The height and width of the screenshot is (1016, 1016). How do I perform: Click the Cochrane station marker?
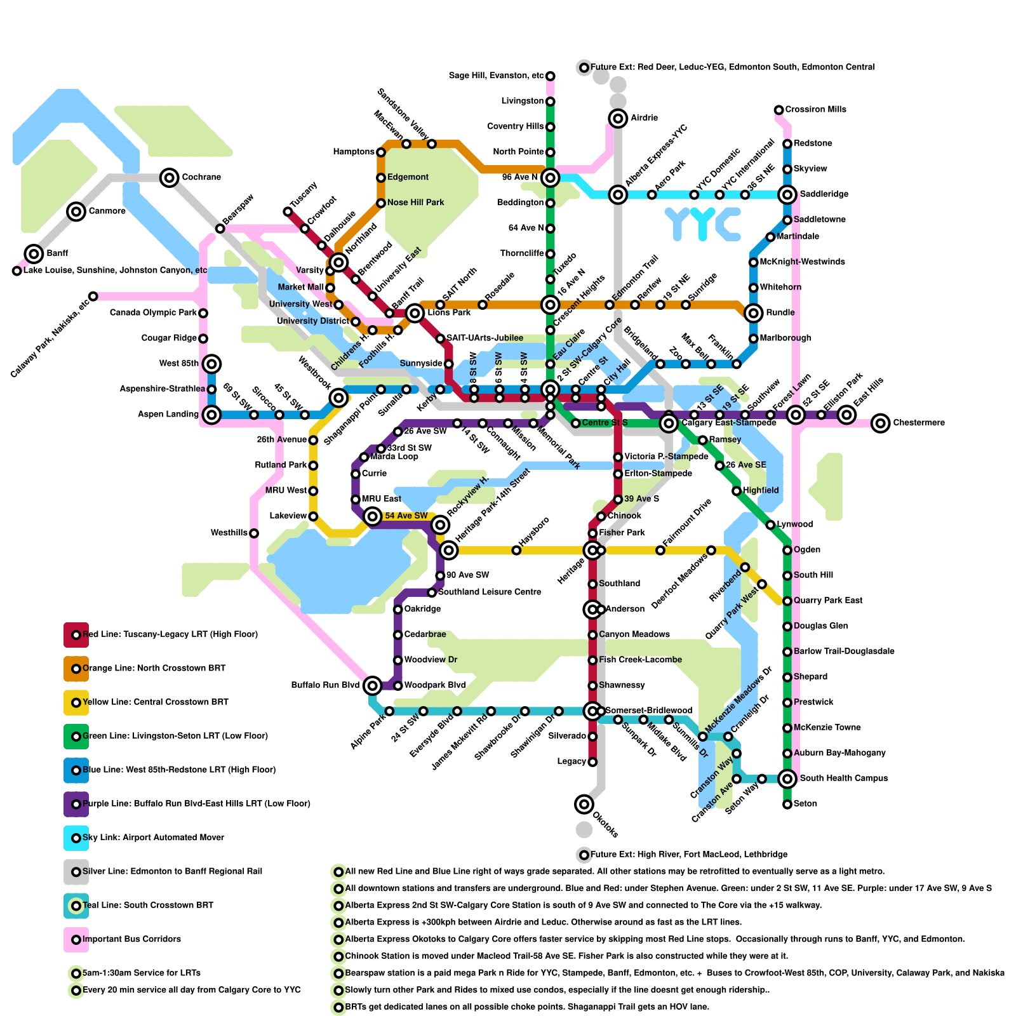[x=169, y=177]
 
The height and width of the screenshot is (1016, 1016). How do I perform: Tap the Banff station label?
[x=57, y=254]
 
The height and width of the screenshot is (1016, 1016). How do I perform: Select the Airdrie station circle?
[x=618, y=118]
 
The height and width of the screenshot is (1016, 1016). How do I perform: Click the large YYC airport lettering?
[x=703, y=223]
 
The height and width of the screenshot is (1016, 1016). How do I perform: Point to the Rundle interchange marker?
[x=753, y=312]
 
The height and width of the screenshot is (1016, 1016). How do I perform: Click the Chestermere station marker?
[x=880, y=423]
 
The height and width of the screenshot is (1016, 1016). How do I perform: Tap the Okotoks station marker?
[x=584, y=805]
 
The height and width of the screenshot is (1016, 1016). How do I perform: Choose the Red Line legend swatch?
[x=76, y=634]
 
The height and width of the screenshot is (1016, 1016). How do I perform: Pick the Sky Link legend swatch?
[x=76, y=838]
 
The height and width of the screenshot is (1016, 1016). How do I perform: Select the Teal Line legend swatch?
[x=76, y=906]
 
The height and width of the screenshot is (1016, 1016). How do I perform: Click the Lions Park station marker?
[x=415, y=312]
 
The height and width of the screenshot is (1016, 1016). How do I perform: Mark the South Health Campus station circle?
[x=787, y=779]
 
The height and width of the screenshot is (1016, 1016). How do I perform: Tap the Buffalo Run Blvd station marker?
[x=373, y=685]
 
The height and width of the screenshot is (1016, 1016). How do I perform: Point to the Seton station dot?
[x=787, y=805]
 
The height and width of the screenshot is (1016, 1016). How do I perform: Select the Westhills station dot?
[x=254, y=533]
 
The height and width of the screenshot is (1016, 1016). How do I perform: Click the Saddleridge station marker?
[x=787, y=194]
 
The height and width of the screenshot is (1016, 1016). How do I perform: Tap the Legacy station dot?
[x=592, y=762]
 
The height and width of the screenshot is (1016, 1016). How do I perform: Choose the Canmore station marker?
[x=76, y=211]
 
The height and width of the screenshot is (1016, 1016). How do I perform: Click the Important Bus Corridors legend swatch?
[x=76, y=939]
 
